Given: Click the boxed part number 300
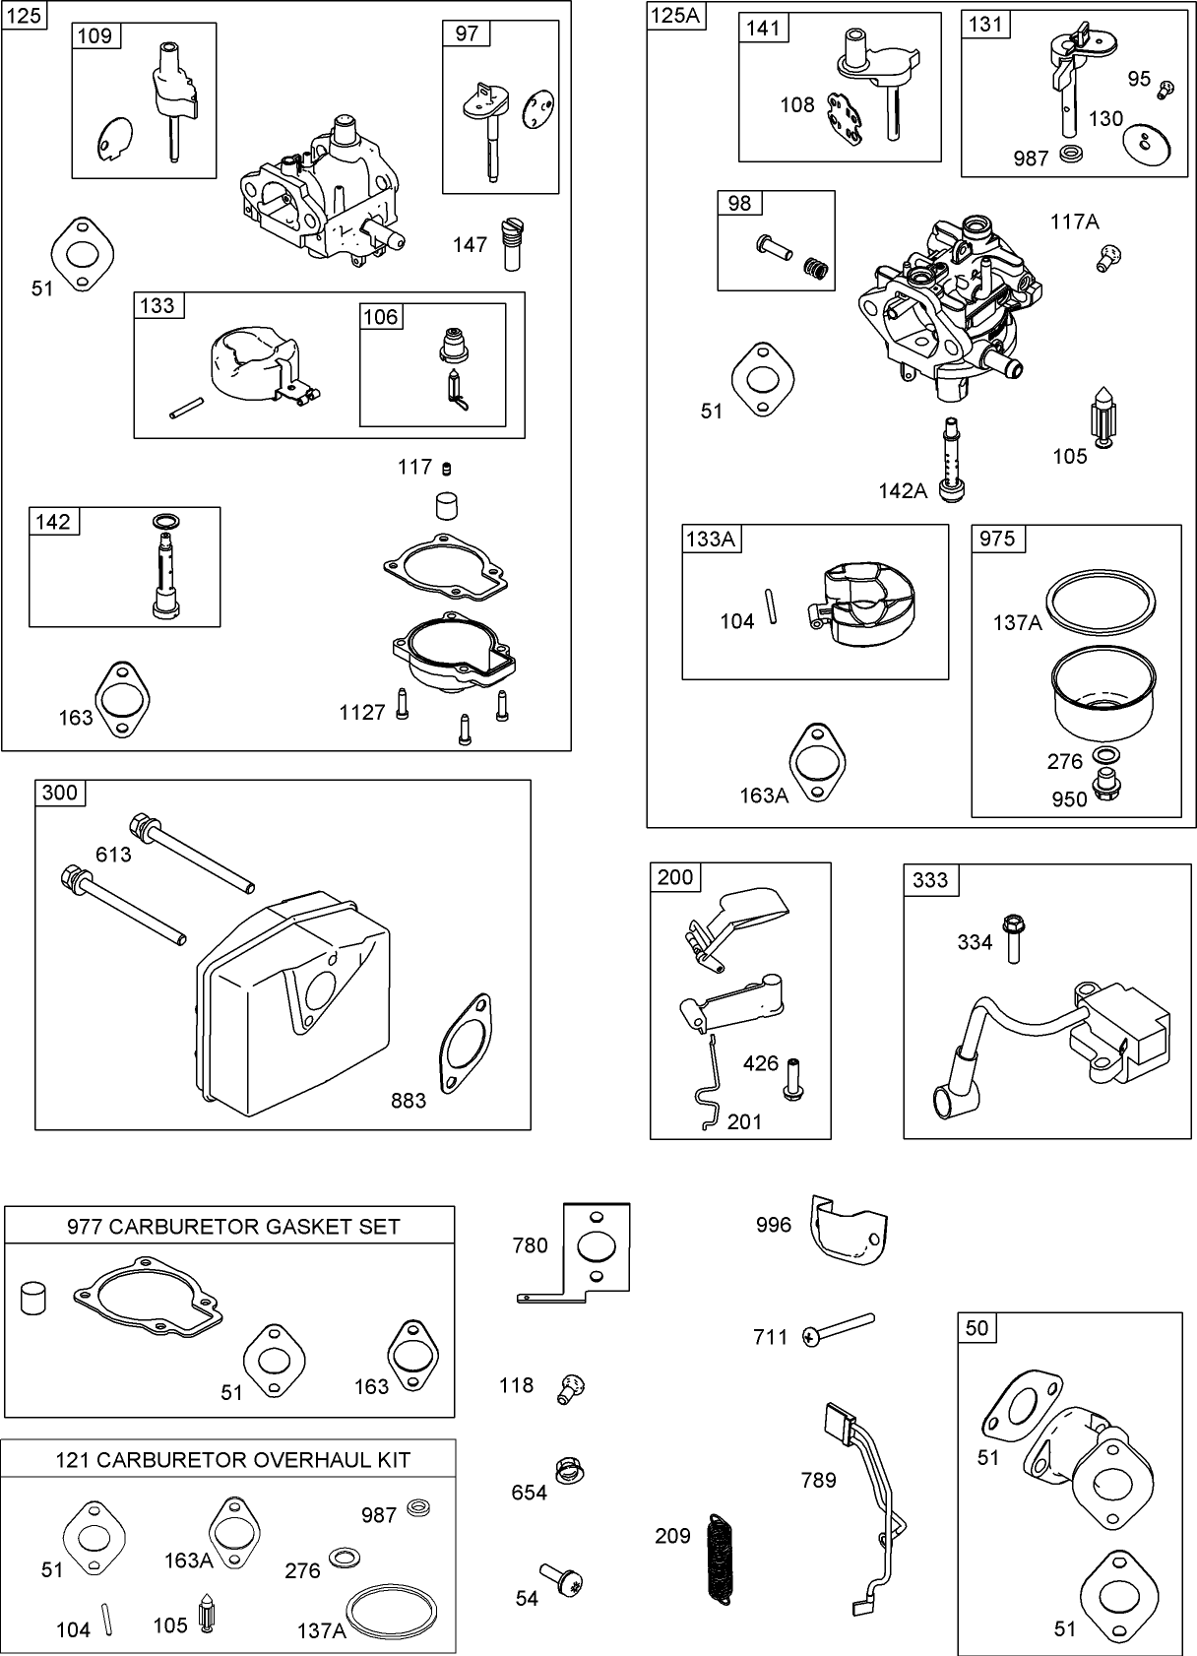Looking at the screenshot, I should (x=60, y=793).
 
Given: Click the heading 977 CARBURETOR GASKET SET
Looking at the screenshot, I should (x=233, y=1226).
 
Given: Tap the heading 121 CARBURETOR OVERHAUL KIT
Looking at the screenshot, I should (x=232, y=1459).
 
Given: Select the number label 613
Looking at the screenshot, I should (x=113, y=855).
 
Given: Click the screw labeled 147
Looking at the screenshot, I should (x=511, y=243).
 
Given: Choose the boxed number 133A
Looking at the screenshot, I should (x=712, y=539).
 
